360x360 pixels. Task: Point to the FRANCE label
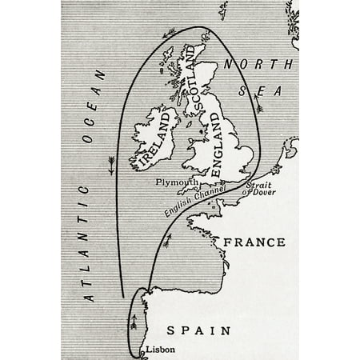click(254, 242)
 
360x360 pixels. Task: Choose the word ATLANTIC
click(88, 241)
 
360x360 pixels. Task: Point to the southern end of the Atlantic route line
click(121, 295)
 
